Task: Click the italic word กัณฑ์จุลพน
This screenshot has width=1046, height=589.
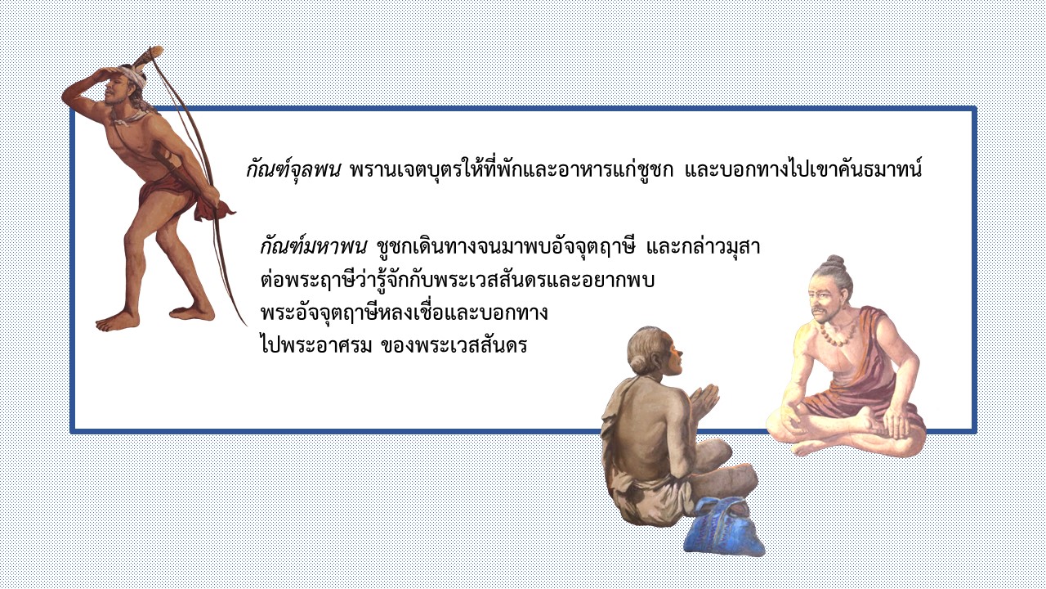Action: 293,169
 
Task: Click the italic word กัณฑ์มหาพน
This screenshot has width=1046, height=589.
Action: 314,246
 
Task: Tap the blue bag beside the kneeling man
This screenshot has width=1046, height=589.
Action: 723,526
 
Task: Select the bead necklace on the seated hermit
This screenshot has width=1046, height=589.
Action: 838,333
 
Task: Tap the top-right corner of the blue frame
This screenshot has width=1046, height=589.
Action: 974,110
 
